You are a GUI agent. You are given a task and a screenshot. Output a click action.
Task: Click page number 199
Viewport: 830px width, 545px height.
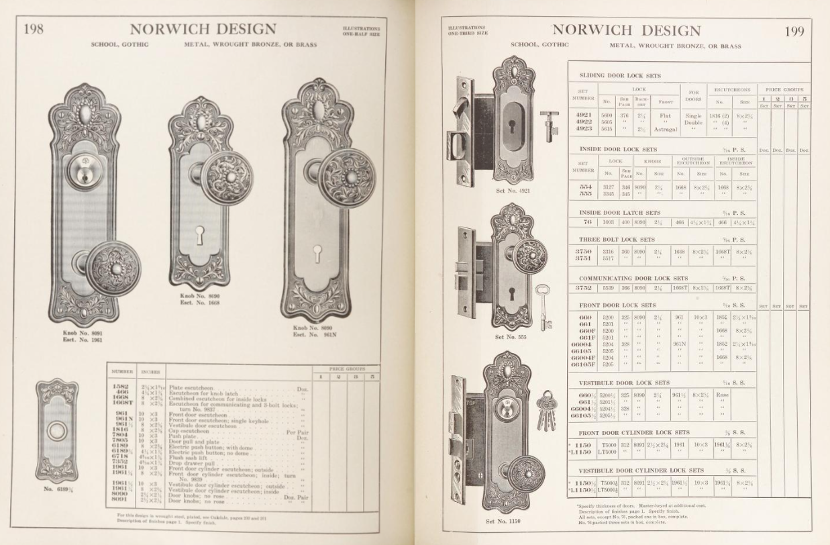pos(794,32)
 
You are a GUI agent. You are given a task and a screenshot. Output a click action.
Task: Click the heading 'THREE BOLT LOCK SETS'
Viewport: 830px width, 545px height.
pos(617,239)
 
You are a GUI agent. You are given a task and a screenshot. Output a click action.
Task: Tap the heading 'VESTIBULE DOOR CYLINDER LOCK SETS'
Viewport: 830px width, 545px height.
pos(641,470)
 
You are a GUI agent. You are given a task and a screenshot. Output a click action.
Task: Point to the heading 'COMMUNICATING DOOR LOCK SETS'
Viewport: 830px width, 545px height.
pos(633,278)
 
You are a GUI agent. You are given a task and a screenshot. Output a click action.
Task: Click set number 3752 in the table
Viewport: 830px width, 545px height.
pos(582,288)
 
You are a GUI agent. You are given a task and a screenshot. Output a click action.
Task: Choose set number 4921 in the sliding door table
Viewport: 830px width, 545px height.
pos(582,115)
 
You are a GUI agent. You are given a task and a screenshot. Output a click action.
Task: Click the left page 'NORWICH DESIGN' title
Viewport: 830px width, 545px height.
pos(203,30)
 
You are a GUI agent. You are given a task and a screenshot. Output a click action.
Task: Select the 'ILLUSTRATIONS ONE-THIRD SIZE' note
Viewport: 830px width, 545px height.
pos(468,30)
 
